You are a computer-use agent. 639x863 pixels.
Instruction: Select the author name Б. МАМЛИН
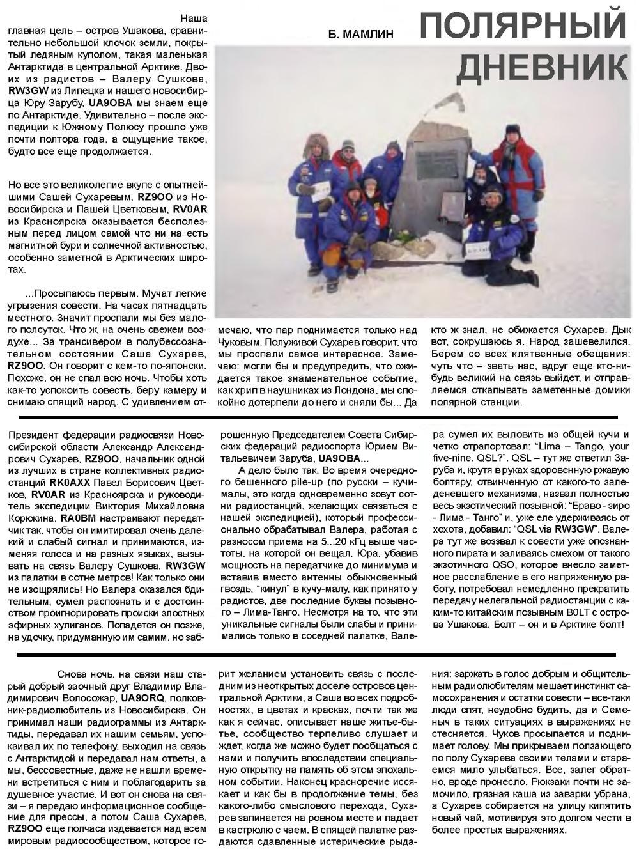(362, 33)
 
